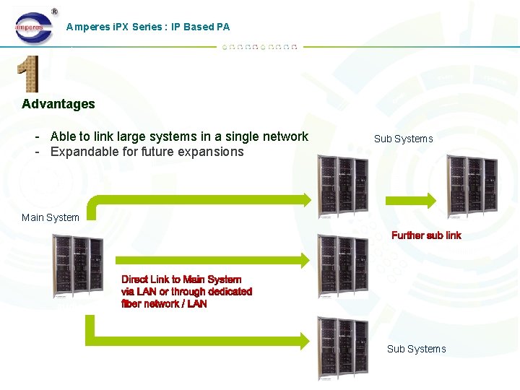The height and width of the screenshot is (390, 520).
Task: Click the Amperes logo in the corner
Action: (x=34, y=27)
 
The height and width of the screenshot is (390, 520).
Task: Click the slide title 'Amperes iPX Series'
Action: (x=147, y=27)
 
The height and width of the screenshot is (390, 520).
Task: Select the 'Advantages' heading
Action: (x=58, y=104)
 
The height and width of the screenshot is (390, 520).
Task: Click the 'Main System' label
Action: (x=51, y=217)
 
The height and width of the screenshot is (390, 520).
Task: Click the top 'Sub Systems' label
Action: (x=403, y=139)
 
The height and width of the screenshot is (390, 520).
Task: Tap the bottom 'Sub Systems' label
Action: (x=416, y=349)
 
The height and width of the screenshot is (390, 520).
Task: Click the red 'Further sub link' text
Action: (x=426, y=235)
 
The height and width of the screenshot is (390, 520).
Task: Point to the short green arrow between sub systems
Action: (x=410, y=200)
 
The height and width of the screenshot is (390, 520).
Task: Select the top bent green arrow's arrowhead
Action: (x=304, y=200)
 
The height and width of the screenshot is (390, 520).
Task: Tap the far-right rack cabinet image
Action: (x=472, y=187)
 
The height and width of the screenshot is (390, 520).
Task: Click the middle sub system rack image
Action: (x=342, y=266)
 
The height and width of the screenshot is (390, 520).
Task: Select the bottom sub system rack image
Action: (x=342, y=349)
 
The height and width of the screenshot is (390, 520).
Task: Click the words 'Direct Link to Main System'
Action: (x=181, y=279)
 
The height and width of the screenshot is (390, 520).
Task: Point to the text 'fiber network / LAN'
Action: (x=164, y=304)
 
